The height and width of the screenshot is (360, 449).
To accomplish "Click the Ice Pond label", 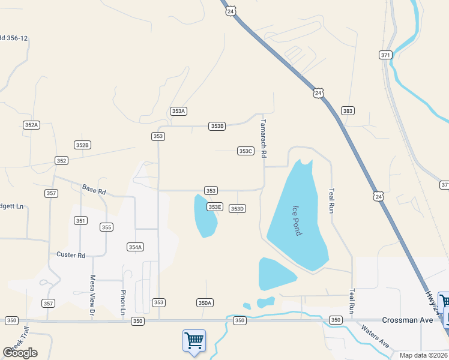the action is (297, 221).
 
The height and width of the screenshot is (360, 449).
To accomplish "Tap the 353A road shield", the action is (178, 111).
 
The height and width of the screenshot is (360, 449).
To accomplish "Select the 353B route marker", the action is (217, 126).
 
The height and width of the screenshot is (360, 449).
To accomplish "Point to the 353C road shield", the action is (246, 151).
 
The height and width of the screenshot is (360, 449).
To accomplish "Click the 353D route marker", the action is (238, 209).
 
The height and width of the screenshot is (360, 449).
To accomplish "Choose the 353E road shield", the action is (215, 207).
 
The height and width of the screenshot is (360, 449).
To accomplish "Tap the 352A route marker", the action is (31, 125).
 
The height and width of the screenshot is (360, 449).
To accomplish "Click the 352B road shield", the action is (82, 145).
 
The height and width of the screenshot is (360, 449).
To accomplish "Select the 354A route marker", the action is (135, 247).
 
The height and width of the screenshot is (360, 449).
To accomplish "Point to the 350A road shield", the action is (205, 303).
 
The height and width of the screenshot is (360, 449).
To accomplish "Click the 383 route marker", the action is (348, 111).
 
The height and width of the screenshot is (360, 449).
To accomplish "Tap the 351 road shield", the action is (81, 221).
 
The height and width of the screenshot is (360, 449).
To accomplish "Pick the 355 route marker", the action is (106, 227).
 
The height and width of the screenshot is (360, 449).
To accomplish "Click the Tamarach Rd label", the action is (263, 138).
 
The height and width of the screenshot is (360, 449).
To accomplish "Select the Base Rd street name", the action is (94, 190).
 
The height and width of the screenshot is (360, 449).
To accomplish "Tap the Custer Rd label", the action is (71, 255).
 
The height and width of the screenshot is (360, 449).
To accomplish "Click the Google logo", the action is (20, 353).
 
